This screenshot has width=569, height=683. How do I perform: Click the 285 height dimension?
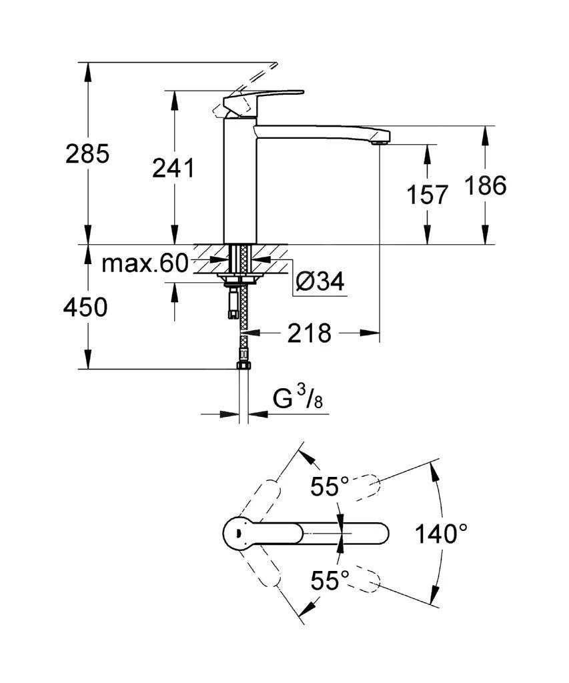[x=87, y=154]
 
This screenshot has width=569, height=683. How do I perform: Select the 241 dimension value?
[x=173, y=169]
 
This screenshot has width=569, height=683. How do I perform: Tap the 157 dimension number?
[x=427, y=195]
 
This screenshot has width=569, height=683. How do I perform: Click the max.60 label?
[x=145, y=264]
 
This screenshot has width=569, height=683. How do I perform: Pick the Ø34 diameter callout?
[x=320, y=282]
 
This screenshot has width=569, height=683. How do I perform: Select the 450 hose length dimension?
[x=85, y=307]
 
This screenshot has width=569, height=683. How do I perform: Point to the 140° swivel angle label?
[x=440, y=534]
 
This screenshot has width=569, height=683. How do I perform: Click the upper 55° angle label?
[x=330, y=487]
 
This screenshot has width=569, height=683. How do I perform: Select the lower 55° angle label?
[x=330, y=581]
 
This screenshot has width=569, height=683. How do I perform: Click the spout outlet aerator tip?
[x=380, y=140]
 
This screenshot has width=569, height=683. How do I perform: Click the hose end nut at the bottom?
[x=243, y=365]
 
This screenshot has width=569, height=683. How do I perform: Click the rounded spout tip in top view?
[x=378, y=534]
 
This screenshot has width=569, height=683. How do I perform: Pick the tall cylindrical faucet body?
[x=239, y=180]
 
